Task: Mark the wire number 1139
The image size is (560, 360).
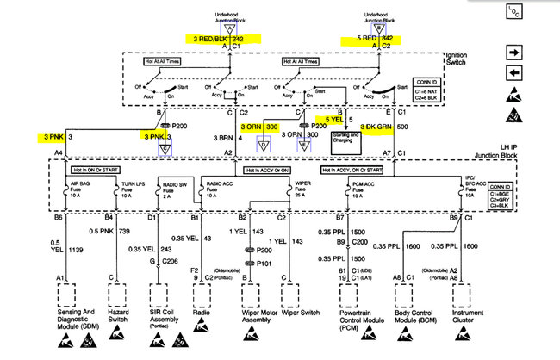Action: pyautogui.click(x=76, y=249)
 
